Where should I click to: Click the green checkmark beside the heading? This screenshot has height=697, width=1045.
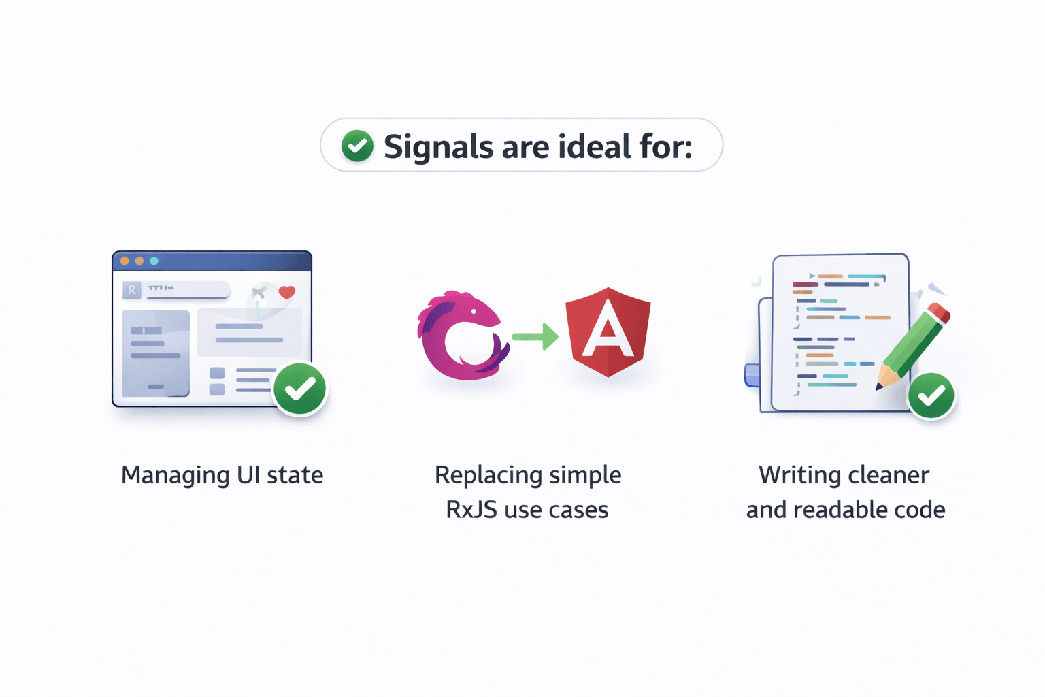click(357, 146)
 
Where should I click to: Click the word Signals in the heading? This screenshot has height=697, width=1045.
click(438, 147)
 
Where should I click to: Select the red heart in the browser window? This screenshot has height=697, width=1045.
click(287, 292)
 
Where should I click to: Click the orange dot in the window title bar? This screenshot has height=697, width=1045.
click(125, 261)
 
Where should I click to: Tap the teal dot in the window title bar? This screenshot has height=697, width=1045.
click(154, 261)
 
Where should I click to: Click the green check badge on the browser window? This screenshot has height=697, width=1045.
click(299, 389)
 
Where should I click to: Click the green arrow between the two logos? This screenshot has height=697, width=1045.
click(535, 336)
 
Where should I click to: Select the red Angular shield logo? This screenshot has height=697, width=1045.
click(608, 331)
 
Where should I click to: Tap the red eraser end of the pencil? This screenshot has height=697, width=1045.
click(939, 312)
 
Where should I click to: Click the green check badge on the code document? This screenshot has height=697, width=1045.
click(931, 395)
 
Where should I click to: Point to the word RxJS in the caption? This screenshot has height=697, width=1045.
click(471, 510)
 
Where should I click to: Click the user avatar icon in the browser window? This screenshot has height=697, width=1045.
click(132, 291)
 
